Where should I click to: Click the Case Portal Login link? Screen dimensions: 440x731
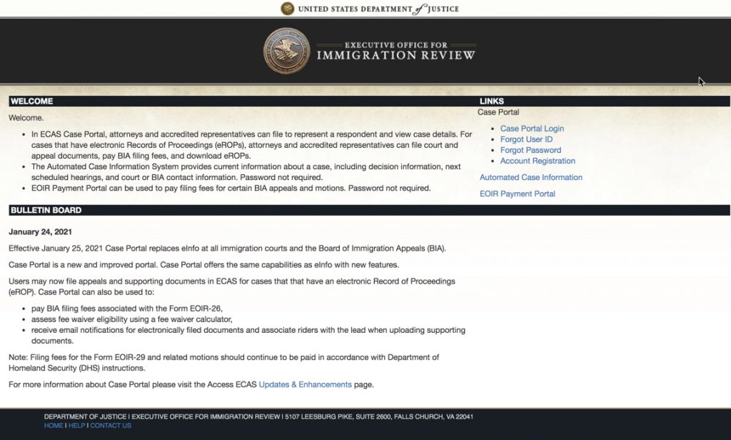pyautogui.click(x=532, y=129)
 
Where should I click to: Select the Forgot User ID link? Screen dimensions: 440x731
pyautogui.click(x=526, y=139)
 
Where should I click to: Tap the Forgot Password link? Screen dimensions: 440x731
pyautogui.click(x=530, y=150)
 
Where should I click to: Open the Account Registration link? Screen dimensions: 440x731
pyautogui.click(x=538, y=161)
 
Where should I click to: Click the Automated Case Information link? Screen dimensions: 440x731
pyautogui.click(x=530, y=177)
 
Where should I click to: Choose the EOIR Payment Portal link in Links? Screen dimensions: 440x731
pyautogui.click(x=517, y=194)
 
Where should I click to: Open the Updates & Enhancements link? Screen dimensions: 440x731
pyautogui.click(x=305, y=384)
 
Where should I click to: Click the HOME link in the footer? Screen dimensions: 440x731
pyautogui.click(x=54, y=426)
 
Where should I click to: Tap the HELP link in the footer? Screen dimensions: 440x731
pyautogui.click(x=76, y=426)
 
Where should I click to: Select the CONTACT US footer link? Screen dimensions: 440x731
pyautogui.click(x=110, y=426)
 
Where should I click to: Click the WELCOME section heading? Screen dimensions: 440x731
pyautogui.click(x=31, y=101)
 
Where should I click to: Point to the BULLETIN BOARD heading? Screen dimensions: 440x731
pyautogui.click(x=46, y=210)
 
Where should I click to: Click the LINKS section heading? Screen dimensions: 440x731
pyautogui.click(x=492, y=101)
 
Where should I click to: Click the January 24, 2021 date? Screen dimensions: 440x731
pyautogui.click(x=40, y=231)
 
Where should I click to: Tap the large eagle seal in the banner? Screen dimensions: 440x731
pyautogui.click(x=287, y=51)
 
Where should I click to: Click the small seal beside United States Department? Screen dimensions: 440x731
pyautogui.click(x=287, y=9)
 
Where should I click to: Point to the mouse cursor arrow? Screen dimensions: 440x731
pyautogui.click(x=701, y=81)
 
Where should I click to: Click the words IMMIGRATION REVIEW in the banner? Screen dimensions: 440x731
pyautogui.click(x=395, y=56)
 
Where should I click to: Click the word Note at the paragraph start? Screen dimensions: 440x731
pyautogui.click(x=17, y=357)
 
